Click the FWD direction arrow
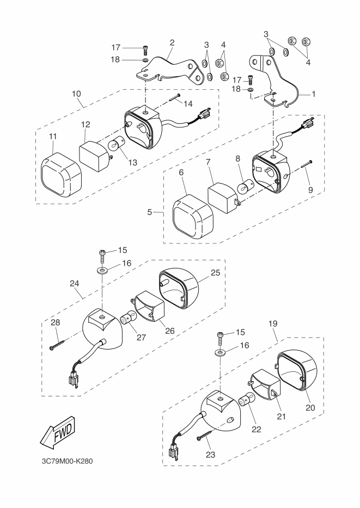pyautogui.click(x=58, y=433)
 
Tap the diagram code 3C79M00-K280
pyautogui.click(x=67, y=461)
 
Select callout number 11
pyautogui.click(x=53, y=137)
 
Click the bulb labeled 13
pyautogui.click(x=114, y=144)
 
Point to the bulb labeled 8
pyautogui.click(x=244, y=188)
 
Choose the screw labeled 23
pyautogui.click(x=204, y=435)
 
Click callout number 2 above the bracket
pyautogui.click(x=172, y=42)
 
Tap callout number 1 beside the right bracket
pyautogui.click(x=313, y=94)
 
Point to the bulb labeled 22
pyautogui.click(x=247, y=399)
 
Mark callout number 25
pyautogui.click(x=216, y=273)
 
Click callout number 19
pyautogui.click(x=273, y=323)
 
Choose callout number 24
pyautogui.click(x=74, y=284)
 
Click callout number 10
pyautogui.click(x=76, y=94)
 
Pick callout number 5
pyautogui.click(x=149, y=212)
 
